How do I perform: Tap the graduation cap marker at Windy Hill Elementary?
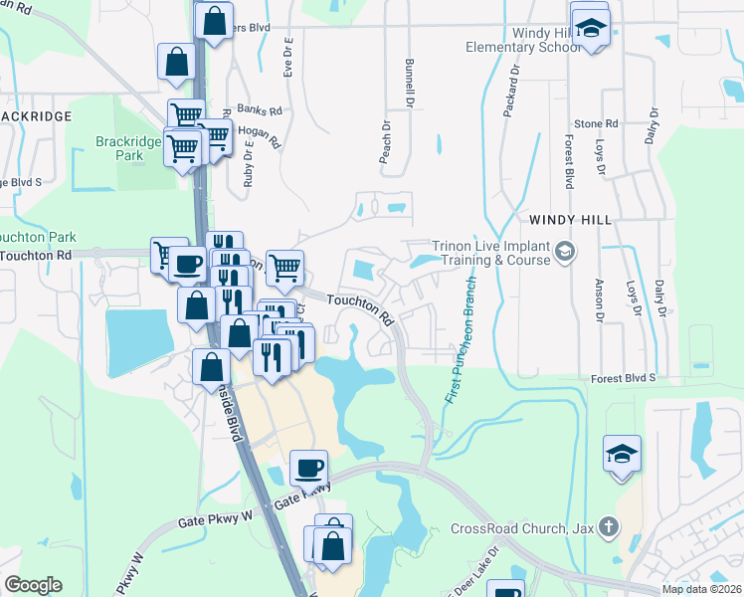point(590,29)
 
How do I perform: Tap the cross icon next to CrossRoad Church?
point(608,527)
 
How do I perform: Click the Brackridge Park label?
point(128,148)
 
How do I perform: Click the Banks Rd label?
point(262,111)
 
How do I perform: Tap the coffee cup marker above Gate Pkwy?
point(308,466)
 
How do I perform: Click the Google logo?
point(33,585)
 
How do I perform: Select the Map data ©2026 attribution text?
point(701,589)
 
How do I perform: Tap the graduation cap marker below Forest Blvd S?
point(622,454)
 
